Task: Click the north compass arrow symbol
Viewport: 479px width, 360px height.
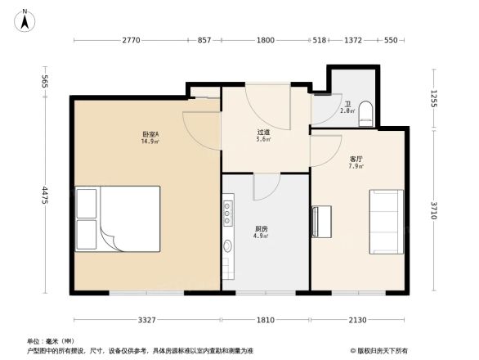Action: pyautogui.click(x=26, y=18)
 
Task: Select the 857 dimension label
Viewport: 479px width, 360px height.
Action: pyautogui.click(x=204, y=40)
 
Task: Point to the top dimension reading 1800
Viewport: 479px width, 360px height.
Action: pyautogui.click(x=265, y=40)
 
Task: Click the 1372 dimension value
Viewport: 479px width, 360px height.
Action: pyautogui.click(x=353, y=40)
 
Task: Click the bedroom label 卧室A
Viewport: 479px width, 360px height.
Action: pyautogui.click(x=150, y=133)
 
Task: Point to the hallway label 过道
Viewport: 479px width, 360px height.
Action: pyautogui.click(x=263, y=132)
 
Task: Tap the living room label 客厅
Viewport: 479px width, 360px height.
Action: pyautogui.click(x=356, y=159)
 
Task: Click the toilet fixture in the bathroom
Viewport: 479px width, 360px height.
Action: pyautogui.click(x=365, y=113)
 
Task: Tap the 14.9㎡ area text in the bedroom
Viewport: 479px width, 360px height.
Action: pyautogui.click(x=150, y=142)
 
